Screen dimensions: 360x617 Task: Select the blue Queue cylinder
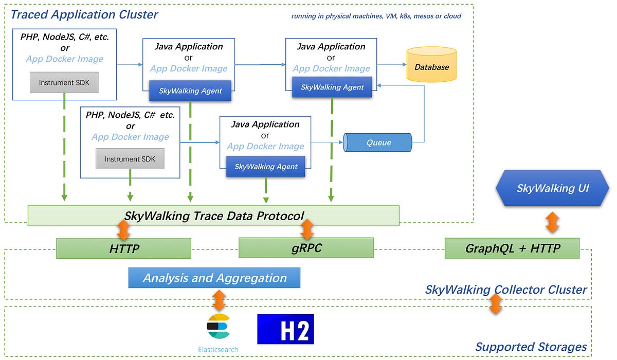coord(378,142)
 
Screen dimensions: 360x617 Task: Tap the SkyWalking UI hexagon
coord(552,188)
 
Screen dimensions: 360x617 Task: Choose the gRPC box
coord(306,247)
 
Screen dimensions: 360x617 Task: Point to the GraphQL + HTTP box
coord(512,248)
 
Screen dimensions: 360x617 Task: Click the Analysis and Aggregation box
coord(214,278)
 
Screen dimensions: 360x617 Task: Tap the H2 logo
coord(285,329)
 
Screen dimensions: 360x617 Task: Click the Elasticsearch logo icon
coord(218,327)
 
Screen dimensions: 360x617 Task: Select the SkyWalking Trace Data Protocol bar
coord(213,215)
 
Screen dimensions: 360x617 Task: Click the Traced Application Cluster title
coord(84,14)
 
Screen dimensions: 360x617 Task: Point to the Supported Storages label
coord(531,347)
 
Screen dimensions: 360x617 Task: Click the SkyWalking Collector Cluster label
coord(505,290)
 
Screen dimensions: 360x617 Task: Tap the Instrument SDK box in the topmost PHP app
coord(64,82)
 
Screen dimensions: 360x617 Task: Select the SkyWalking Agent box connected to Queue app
coord(265,166)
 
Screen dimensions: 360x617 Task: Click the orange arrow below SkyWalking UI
coord(552,222)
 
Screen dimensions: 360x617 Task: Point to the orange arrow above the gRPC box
coord(306,230)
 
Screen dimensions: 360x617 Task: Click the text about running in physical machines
coord(376,16)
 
